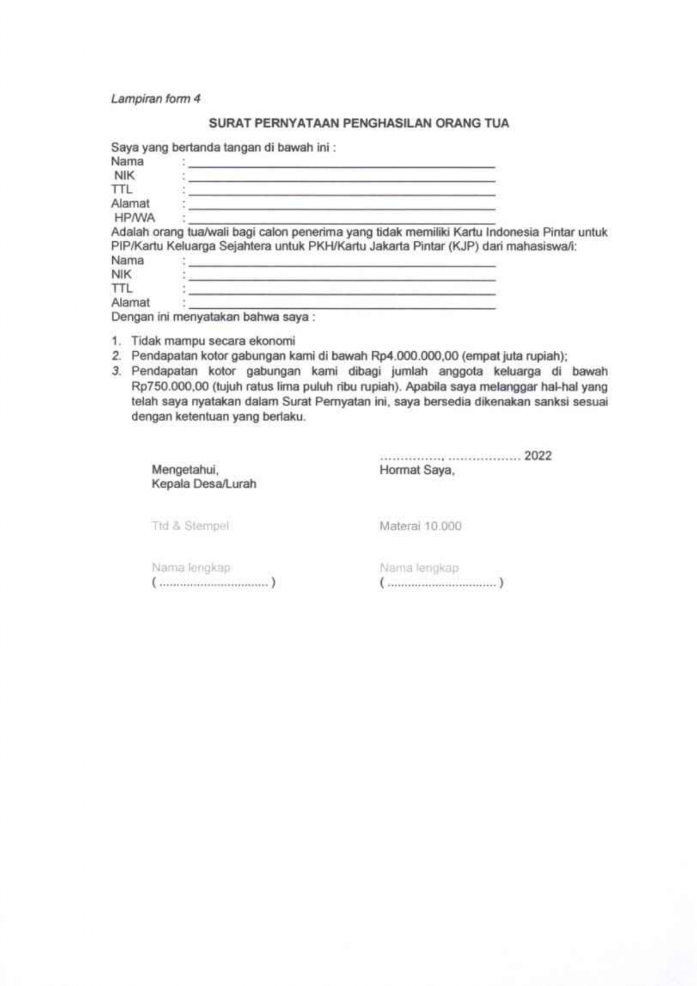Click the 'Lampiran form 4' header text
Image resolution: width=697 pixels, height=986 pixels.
[156, 99]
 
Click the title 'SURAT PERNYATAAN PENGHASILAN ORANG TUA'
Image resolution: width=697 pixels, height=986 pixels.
[359, 123]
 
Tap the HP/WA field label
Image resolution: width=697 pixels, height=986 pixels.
[135, 218]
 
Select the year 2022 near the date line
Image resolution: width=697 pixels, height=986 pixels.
[538, 456]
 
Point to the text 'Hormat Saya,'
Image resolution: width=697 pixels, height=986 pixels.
[417, 470]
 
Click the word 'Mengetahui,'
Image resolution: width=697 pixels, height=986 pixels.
[185, 470]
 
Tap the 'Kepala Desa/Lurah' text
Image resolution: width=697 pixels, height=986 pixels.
[204, 484]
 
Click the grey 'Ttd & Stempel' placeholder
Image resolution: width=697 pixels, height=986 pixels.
[190, 526]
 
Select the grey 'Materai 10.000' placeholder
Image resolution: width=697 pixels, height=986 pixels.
[420, 527]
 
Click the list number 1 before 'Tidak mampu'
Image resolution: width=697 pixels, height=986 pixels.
[115, 341]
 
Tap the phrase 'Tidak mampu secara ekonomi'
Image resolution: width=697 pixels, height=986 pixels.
[213, 341]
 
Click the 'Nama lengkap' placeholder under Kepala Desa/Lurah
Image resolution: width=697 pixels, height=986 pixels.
[191, 568]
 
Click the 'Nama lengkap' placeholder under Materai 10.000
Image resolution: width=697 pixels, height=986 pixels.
[419, 568]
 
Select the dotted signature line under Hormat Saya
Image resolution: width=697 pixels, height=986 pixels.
[442, 583]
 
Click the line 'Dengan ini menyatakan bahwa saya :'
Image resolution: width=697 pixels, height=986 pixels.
[213, 317]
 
